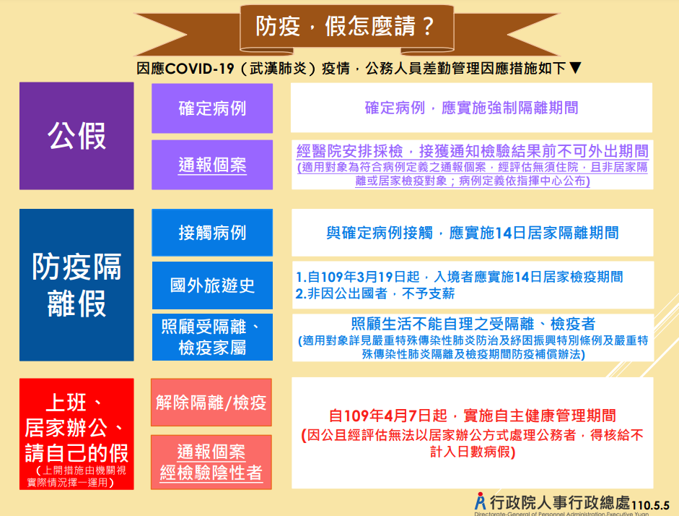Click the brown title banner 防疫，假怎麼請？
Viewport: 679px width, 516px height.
coord(346,27)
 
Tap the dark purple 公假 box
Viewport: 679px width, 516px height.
coord(76,136)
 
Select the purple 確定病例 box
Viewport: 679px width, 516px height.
coord(212,108)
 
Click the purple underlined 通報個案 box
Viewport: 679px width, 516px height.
coord(212,165)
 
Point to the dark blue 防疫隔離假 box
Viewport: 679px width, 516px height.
coord(76,285)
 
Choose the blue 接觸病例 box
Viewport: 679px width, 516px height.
coord(212,233)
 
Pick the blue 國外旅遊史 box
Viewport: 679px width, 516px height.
coord(212,285)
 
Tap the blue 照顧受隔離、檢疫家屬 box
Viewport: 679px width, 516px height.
coord(212,337)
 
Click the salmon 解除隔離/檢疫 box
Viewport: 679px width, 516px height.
coord(211,403)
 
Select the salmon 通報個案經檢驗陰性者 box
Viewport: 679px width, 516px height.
coord(211,463)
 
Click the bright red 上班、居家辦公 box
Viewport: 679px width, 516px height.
coord(76,434)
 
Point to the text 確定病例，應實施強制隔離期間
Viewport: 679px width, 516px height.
coord(472,108)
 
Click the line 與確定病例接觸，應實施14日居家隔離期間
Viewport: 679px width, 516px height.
coord(473,233)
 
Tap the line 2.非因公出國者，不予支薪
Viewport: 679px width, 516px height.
coord(375,293)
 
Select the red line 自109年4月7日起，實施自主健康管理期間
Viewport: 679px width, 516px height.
coord(473,416)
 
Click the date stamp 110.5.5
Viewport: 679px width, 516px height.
coord(650,506)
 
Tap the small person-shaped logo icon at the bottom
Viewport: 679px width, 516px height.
coord(481,502)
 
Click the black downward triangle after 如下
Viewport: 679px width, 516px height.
coord(575,68)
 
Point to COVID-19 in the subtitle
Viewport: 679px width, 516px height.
coord(200,69)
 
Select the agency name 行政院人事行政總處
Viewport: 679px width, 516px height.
coord(560,502)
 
